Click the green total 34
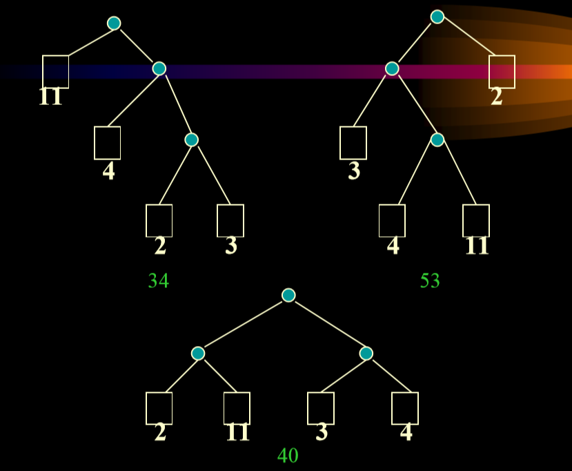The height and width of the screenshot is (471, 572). point(159,280)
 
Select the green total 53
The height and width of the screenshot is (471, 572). point(430,280)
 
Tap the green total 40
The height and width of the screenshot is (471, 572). point(288,455)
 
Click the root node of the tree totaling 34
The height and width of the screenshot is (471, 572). point(114,23)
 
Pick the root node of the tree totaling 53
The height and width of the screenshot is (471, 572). point(437,17)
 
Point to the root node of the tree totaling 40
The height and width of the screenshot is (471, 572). point(288,295)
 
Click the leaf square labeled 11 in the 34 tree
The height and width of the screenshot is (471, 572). point(55,72)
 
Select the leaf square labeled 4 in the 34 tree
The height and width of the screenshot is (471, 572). point(107,143)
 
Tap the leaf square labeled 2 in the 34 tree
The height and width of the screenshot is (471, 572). point(159,220)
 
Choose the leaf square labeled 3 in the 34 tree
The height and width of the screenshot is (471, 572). point(230,220)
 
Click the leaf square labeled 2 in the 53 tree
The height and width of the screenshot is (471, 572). point(502,72)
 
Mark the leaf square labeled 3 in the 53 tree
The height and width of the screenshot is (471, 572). point(353,143)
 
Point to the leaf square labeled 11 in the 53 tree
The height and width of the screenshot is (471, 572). point(476,220)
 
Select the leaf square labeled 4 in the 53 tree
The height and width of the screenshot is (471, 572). point(392,220)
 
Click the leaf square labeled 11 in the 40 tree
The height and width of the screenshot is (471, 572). point(237,408)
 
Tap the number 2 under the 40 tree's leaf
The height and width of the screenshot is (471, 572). point(160,432)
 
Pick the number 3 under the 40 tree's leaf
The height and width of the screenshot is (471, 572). point(322,432)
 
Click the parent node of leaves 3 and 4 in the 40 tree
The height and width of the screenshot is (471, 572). point(366,353)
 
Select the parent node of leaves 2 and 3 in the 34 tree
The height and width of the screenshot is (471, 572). point(192,140)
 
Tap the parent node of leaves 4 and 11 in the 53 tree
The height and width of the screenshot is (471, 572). point(437,140)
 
